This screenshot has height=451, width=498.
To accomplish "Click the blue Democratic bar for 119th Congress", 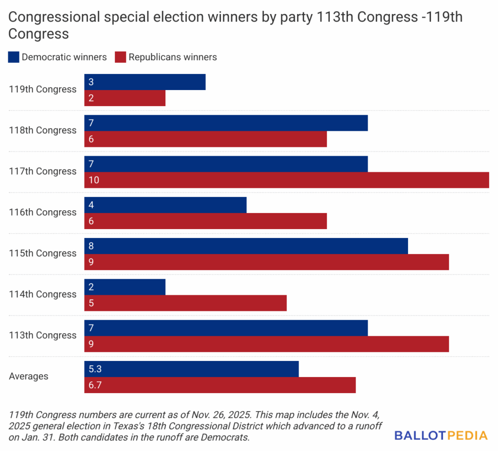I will click(x=144, y=82).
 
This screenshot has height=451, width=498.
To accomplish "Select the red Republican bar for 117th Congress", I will click(x=286, y=180).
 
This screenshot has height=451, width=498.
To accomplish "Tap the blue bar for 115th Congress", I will click(x=246, y=246).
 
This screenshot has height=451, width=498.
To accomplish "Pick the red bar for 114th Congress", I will click(x=185, y=303).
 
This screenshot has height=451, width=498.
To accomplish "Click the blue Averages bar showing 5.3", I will click(x=191, y=369).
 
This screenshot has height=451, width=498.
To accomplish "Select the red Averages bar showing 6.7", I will click(x=220, y=385).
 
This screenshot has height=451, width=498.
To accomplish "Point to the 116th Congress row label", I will click(x=43, y=212).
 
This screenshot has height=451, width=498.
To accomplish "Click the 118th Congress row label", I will click(x=43, y=130).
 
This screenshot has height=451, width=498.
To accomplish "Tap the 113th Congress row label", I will click(x=43, y=335).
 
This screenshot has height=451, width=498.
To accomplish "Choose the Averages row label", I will click(x=29, y=376).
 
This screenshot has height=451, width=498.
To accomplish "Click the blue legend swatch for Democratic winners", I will click(x=14, y=57).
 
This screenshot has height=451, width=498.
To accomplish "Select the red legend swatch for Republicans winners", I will click(x=120, y=57).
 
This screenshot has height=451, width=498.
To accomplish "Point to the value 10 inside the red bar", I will click(x=94, y=180).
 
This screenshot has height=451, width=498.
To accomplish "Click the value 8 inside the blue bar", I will click(x=91, y=246).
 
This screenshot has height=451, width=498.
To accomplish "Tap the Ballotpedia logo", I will click(x=441, y=435).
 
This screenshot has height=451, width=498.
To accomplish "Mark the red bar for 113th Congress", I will click(x=266, y=344).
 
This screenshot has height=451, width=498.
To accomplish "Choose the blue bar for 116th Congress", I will click(x=165, y=205).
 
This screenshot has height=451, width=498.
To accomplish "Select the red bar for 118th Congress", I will click(x=205, y=139).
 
